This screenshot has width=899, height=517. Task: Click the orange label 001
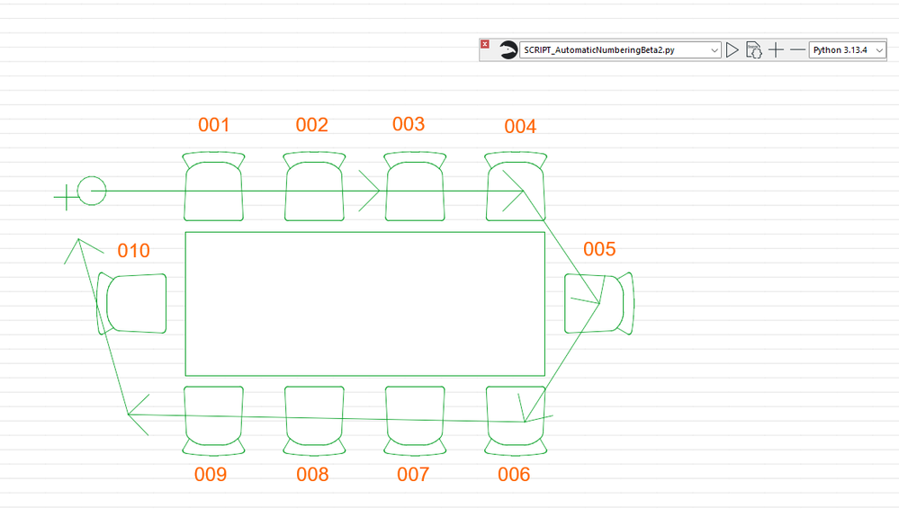point(214,125)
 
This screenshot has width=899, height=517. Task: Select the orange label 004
point(520,127)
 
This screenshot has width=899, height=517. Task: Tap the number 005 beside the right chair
point(599,249)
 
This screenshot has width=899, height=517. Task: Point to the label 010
point(133,251)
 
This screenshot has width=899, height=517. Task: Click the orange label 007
point(413,475)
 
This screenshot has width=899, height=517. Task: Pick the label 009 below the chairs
point(211,475)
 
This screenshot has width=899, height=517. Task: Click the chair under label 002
point(314,186)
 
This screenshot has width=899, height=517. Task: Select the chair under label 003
point(415,186)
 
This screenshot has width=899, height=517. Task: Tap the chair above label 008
point(314,421)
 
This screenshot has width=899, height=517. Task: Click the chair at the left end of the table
point(131,303)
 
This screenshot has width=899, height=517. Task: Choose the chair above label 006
point(516,421)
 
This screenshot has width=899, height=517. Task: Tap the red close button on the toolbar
point(485,44)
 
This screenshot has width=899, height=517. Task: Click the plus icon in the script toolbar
point(776,49)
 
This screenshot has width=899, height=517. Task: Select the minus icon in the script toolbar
point(797,49)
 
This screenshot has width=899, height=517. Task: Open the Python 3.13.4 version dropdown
point(848,49)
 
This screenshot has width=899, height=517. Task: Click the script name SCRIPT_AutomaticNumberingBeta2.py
point(599,49)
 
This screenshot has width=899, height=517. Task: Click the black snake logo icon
point(508,49)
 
